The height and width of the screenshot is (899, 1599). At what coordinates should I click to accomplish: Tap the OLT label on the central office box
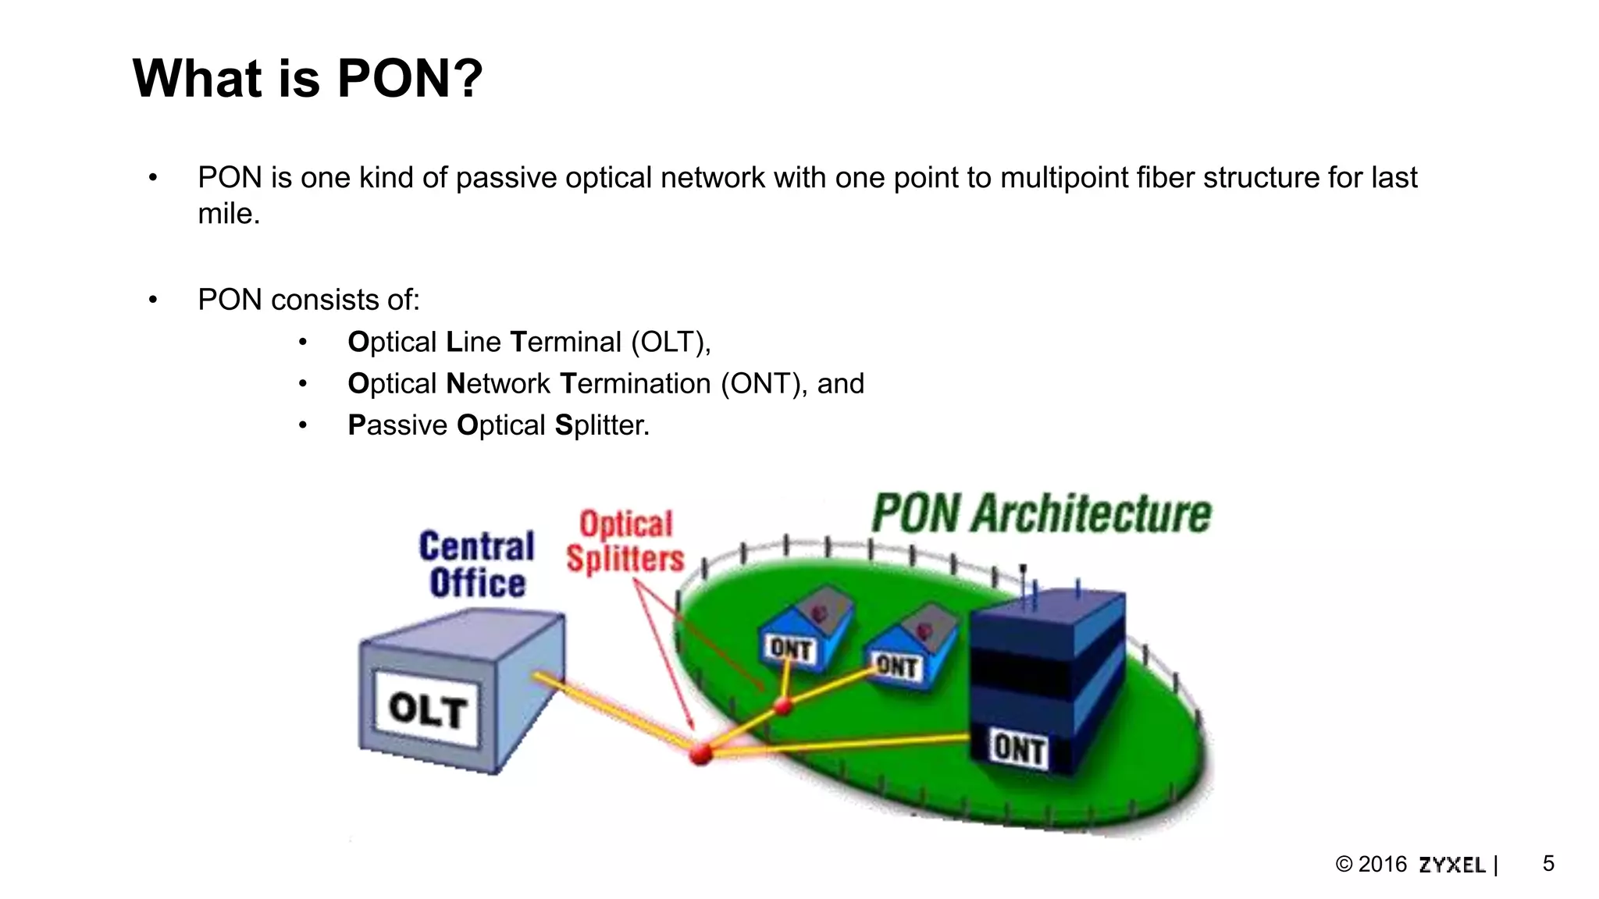click(x=427, y=709)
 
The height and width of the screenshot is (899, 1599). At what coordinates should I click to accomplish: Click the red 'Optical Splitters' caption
click(x=625, y=542)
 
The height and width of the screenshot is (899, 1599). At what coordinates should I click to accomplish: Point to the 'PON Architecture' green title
click(x=1041, y=513)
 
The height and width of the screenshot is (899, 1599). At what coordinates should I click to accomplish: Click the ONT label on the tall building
click(x=1018, y=748)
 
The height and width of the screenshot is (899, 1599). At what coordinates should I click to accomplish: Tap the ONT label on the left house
click(x=790, y=648)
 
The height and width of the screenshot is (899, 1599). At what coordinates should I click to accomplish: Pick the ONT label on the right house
click(x=896, y=666)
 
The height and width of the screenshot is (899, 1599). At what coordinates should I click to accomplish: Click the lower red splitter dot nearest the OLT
click(x=700, y=753)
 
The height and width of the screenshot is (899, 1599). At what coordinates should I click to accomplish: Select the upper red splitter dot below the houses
click(x=782, y=707)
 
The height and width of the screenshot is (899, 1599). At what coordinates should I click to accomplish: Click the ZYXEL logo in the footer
click(x=1451, y=865)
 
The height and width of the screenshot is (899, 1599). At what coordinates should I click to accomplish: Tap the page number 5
click(x=1548, y=863)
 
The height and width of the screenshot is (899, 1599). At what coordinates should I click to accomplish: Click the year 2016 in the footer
click(x=1382, y=865)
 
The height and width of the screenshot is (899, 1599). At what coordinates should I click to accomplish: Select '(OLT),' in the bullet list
click(x=671, y=343)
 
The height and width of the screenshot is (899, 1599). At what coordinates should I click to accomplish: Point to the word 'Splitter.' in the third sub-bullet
click(x=602, y=425)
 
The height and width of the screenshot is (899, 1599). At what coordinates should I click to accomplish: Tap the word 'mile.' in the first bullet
click(x=229, y=214)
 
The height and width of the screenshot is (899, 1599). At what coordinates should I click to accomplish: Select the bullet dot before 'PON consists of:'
click(x=153, y=300)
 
